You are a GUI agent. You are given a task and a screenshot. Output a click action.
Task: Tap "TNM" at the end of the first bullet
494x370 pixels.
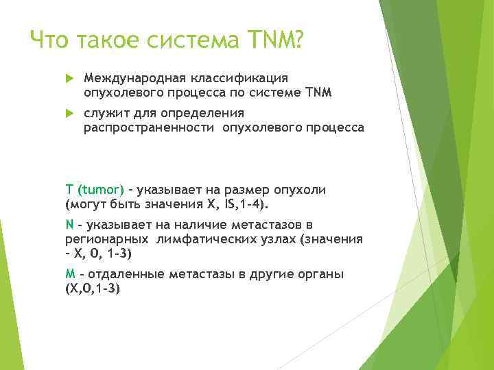[318, 92]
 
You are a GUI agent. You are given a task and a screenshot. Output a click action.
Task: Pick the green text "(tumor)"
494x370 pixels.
[101, 189]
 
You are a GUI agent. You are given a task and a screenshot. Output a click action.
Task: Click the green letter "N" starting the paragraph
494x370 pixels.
[69, 224]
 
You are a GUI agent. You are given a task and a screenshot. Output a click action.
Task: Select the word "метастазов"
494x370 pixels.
[273, 224]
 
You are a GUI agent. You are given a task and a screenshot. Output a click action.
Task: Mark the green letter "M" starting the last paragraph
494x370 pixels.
[70, 274]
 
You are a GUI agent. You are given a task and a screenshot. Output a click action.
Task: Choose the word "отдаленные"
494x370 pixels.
[119, 274]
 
